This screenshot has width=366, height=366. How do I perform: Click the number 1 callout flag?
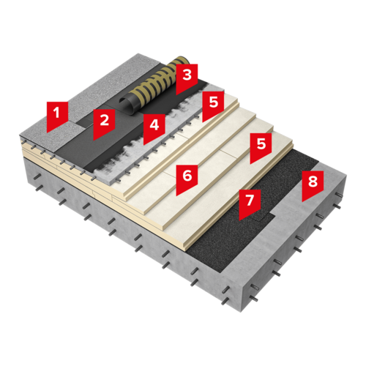point(57,115)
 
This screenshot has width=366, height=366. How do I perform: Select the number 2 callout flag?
point(104,122)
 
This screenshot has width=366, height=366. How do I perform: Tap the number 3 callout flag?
point(187,77)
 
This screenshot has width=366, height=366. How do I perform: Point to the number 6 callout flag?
point(187,178)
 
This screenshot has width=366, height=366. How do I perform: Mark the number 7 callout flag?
point(249,203)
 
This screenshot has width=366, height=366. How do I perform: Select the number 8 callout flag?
point(313,184)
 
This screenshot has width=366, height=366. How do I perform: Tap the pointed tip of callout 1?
point(48,132)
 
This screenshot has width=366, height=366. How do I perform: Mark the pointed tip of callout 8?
point(302,201)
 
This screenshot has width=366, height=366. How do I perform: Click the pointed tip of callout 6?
point(176,195)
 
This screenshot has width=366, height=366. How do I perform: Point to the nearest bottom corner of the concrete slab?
point(241,313)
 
